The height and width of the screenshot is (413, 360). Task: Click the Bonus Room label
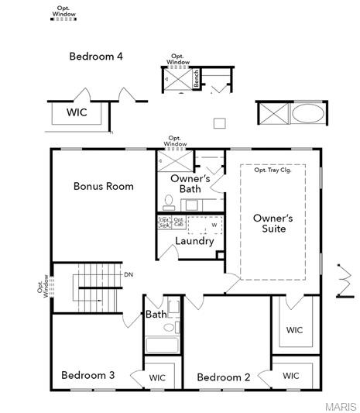point(103,186)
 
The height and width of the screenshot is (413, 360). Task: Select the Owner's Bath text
point(190,184)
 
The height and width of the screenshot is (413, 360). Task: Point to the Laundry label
point(194,241)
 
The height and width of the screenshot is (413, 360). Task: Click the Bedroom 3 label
point(88,375)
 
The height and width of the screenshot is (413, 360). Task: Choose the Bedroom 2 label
point(223,377)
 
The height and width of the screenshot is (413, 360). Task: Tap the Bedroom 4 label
point(96,57)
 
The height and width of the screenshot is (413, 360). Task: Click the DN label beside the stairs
point(129,274)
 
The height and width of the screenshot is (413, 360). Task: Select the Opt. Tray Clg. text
point(278,170)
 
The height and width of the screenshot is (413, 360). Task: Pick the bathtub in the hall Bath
point(163,346)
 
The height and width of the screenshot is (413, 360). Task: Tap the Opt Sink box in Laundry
point(164,222)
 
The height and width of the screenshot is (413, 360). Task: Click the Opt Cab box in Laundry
point(178,222)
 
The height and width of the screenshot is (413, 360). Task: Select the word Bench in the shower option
point(197,78)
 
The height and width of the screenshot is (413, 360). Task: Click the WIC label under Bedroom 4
point(77,112)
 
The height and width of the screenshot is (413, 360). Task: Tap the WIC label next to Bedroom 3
point(157,378)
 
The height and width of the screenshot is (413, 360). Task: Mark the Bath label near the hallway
point(156,315)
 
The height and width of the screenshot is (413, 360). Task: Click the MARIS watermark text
point(341,406)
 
